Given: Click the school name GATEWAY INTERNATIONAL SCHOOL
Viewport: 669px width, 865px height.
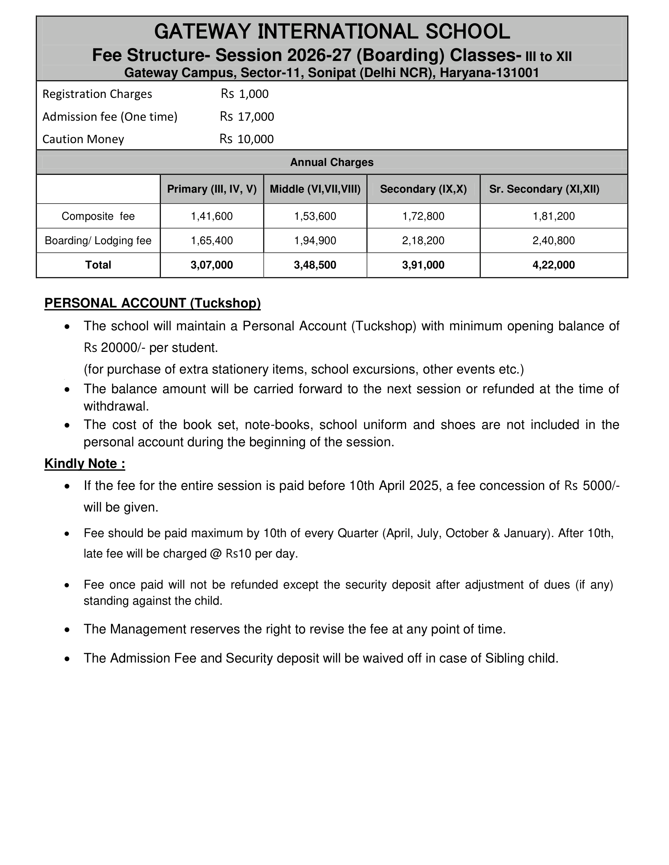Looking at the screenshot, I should [x=332, y=32].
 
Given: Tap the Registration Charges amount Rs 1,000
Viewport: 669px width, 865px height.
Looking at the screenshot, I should [x=244, y=94].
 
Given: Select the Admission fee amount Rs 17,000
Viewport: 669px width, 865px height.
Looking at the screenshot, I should [x=247, y=116].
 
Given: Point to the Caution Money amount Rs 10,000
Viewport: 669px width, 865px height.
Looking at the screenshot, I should [x=246, y=139].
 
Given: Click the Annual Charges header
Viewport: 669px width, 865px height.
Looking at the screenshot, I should [x=332, y=162].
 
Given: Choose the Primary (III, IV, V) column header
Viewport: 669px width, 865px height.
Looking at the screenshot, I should [x=212, y=189].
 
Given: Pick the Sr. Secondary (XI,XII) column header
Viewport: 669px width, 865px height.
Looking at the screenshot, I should [x=544, y=189].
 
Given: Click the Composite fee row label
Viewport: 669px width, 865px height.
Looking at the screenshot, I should [x=98, y=216].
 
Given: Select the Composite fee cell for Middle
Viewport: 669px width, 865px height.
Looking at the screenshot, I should [x=315, y=216].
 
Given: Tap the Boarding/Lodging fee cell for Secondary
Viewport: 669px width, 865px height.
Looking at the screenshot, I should [x=423, y=240].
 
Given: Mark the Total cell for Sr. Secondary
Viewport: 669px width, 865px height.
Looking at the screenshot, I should [x=554, y=265].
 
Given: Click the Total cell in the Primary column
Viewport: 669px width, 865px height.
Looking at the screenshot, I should [x=212, y=265].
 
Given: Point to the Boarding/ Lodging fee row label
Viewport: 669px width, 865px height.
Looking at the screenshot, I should [x=98, y=240].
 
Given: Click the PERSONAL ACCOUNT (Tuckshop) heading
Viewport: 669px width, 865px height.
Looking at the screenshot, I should [x=153, y=303].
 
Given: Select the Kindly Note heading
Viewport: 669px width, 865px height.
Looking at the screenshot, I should [x=85, y=464].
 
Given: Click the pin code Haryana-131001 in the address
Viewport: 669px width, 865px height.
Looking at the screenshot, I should [x=489, y=73].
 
